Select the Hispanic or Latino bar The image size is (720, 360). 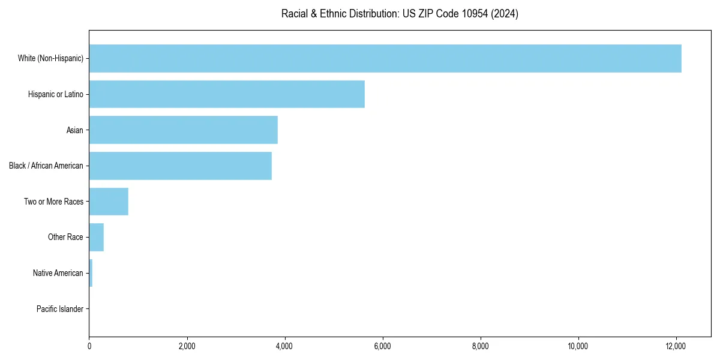[227, 94]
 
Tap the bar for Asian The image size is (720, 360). [184, 130]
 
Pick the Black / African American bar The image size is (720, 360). [181, 166]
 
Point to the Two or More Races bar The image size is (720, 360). [109, 202]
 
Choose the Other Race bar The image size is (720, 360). [97, 238]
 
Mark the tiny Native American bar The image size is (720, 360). [91, 273]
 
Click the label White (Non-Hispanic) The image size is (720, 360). [50, 58]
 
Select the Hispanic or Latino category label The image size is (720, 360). [56, 94]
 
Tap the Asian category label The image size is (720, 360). [75, 130]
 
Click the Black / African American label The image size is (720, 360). [46, 166]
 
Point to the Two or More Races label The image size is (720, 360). [54, 202]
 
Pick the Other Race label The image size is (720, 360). [65, 238]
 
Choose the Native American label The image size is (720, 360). [58, 273]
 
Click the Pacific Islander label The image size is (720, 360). [60, 309]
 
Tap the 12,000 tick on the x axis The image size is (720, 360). [676, 346]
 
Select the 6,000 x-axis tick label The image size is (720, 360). [383, 346]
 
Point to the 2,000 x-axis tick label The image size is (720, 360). [187, 346]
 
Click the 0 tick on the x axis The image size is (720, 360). [89, 346]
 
